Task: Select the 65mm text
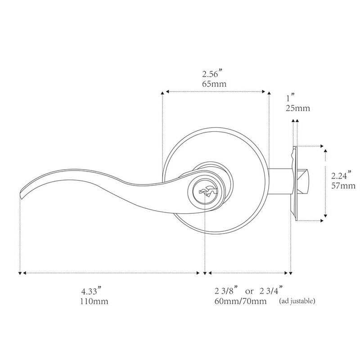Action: [x=214, y=84]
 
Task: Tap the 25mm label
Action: [x=297, y=108]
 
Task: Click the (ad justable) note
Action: [x=297, y=301]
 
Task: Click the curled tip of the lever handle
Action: [x=22, y=193]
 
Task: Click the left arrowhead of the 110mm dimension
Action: [x=20, y=273]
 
